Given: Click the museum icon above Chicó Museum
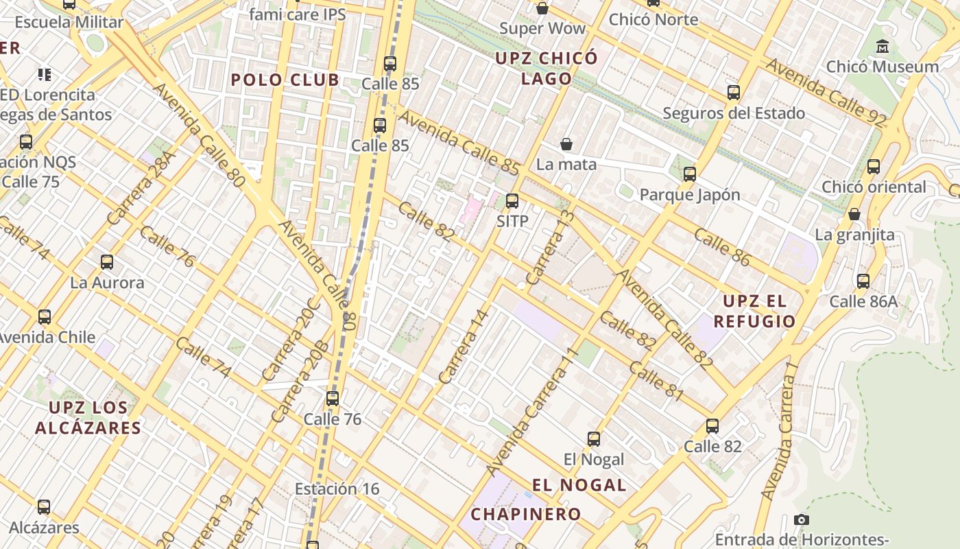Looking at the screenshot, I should (x=883, y=47).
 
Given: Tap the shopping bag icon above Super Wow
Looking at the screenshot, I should (x=542, y=8).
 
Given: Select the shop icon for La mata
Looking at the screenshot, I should (x=566, y=144).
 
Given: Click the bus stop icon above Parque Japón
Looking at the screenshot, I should (x=690, y=174).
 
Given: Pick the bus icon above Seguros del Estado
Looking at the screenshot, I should (x=734, y=93).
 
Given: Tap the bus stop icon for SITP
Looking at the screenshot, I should (x=512, y=201).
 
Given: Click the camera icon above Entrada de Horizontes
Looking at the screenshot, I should (x=802, y=519).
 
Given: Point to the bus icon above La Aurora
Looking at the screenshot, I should (x=107, y=262).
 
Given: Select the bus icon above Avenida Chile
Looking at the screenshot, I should (x=45, y=317).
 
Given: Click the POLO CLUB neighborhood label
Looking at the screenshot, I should (x=285, y=80).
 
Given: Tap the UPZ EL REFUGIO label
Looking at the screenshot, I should (x=754, y=311).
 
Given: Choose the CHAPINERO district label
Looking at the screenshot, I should (x=526, y=513).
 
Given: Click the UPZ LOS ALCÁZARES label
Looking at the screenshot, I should (x=88, y=417).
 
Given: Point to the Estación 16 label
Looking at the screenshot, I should (x=337, y=489).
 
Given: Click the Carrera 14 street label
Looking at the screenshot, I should (x=464, y=347).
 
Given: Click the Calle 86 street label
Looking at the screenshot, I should (x=723, y=247).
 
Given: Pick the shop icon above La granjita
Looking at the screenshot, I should (x=854, y=214).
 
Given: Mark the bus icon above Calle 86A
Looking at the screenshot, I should (x=863, y=281).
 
